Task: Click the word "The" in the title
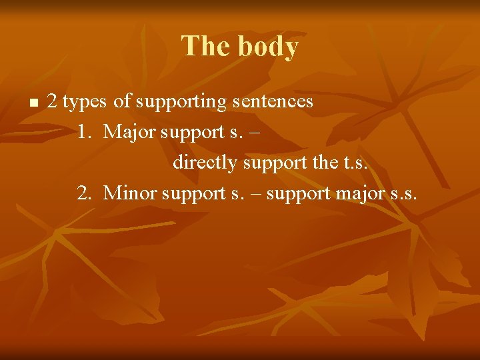203,47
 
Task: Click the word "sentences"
273,101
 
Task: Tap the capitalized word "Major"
131,132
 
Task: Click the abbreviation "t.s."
353,162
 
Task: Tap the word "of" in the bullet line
122,101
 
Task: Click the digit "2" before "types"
52,102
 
